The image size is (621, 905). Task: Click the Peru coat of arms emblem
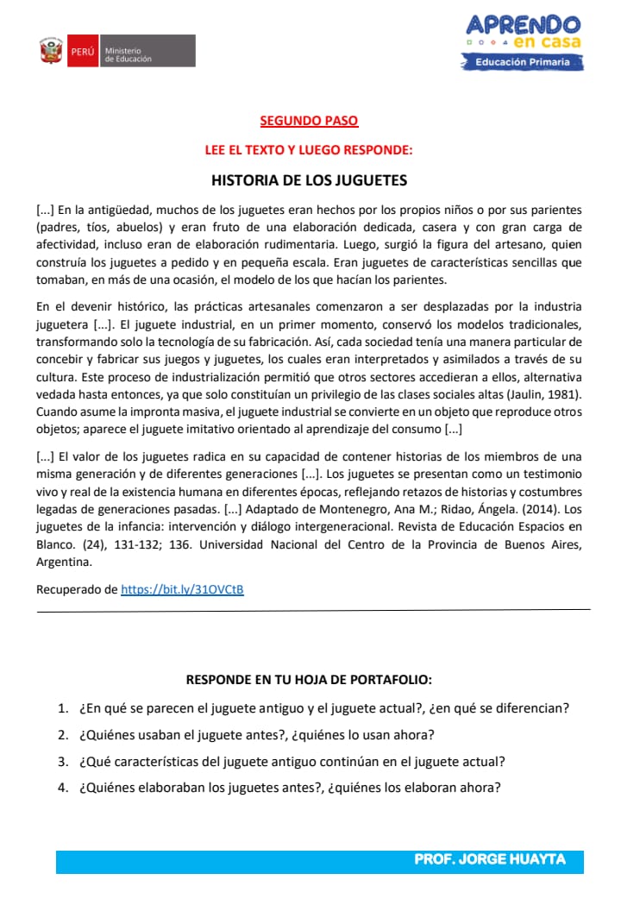[52, 51]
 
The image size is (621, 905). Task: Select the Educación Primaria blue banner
[523, 62]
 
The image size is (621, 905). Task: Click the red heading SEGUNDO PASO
[309, 122]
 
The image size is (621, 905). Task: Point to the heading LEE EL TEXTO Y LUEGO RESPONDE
[309, 149]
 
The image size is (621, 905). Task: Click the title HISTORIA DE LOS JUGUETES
[309, 181]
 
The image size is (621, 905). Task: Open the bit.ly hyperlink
[182, 589]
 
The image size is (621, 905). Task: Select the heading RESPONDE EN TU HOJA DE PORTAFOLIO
[309, 680]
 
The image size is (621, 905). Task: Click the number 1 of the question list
[63, 709]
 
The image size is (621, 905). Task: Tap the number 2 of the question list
[63, 735]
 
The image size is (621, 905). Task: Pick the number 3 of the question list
[63, 762]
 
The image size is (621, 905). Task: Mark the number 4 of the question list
[63, 788]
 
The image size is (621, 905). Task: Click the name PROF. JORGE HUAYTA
[490, 860]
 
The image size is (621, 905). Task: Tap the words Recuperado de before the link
[77, 589]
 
